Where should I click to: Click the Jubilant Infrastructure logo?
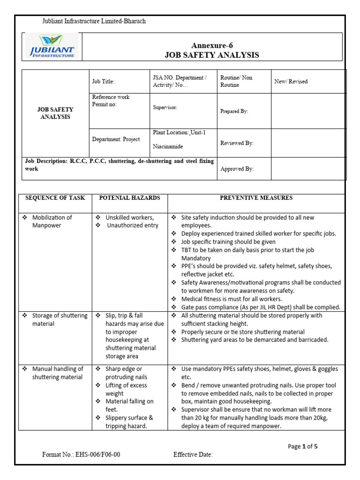(52, 46)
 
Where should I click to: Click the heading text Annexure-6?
(211, 45)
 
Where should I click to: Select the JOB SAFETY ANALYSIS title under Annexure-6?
(211, 55)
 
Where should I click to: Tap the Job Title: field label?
(103, 82)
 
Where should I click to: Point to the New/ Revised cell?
(291, 82)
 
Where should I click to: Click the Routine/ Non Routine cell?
(236, 81)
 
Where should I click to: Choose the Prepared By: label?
(234, 112)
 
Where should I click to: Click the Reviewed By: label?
(237, 143)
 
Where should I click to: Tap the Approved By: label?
(237, 169)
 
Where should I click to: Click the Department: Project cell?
(116, 140)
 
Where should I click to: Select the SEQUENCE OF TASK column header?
(55, 198)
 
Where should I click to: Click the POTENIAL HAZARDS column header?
(129, 198)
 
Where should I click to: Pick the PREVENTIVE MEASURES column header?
(256, 198)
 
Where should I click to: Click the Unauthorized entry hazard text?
(133, 225)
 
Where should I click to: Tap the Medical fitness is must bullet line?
(232, 299)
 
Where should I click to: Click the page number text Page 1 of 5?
(302, 446)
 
